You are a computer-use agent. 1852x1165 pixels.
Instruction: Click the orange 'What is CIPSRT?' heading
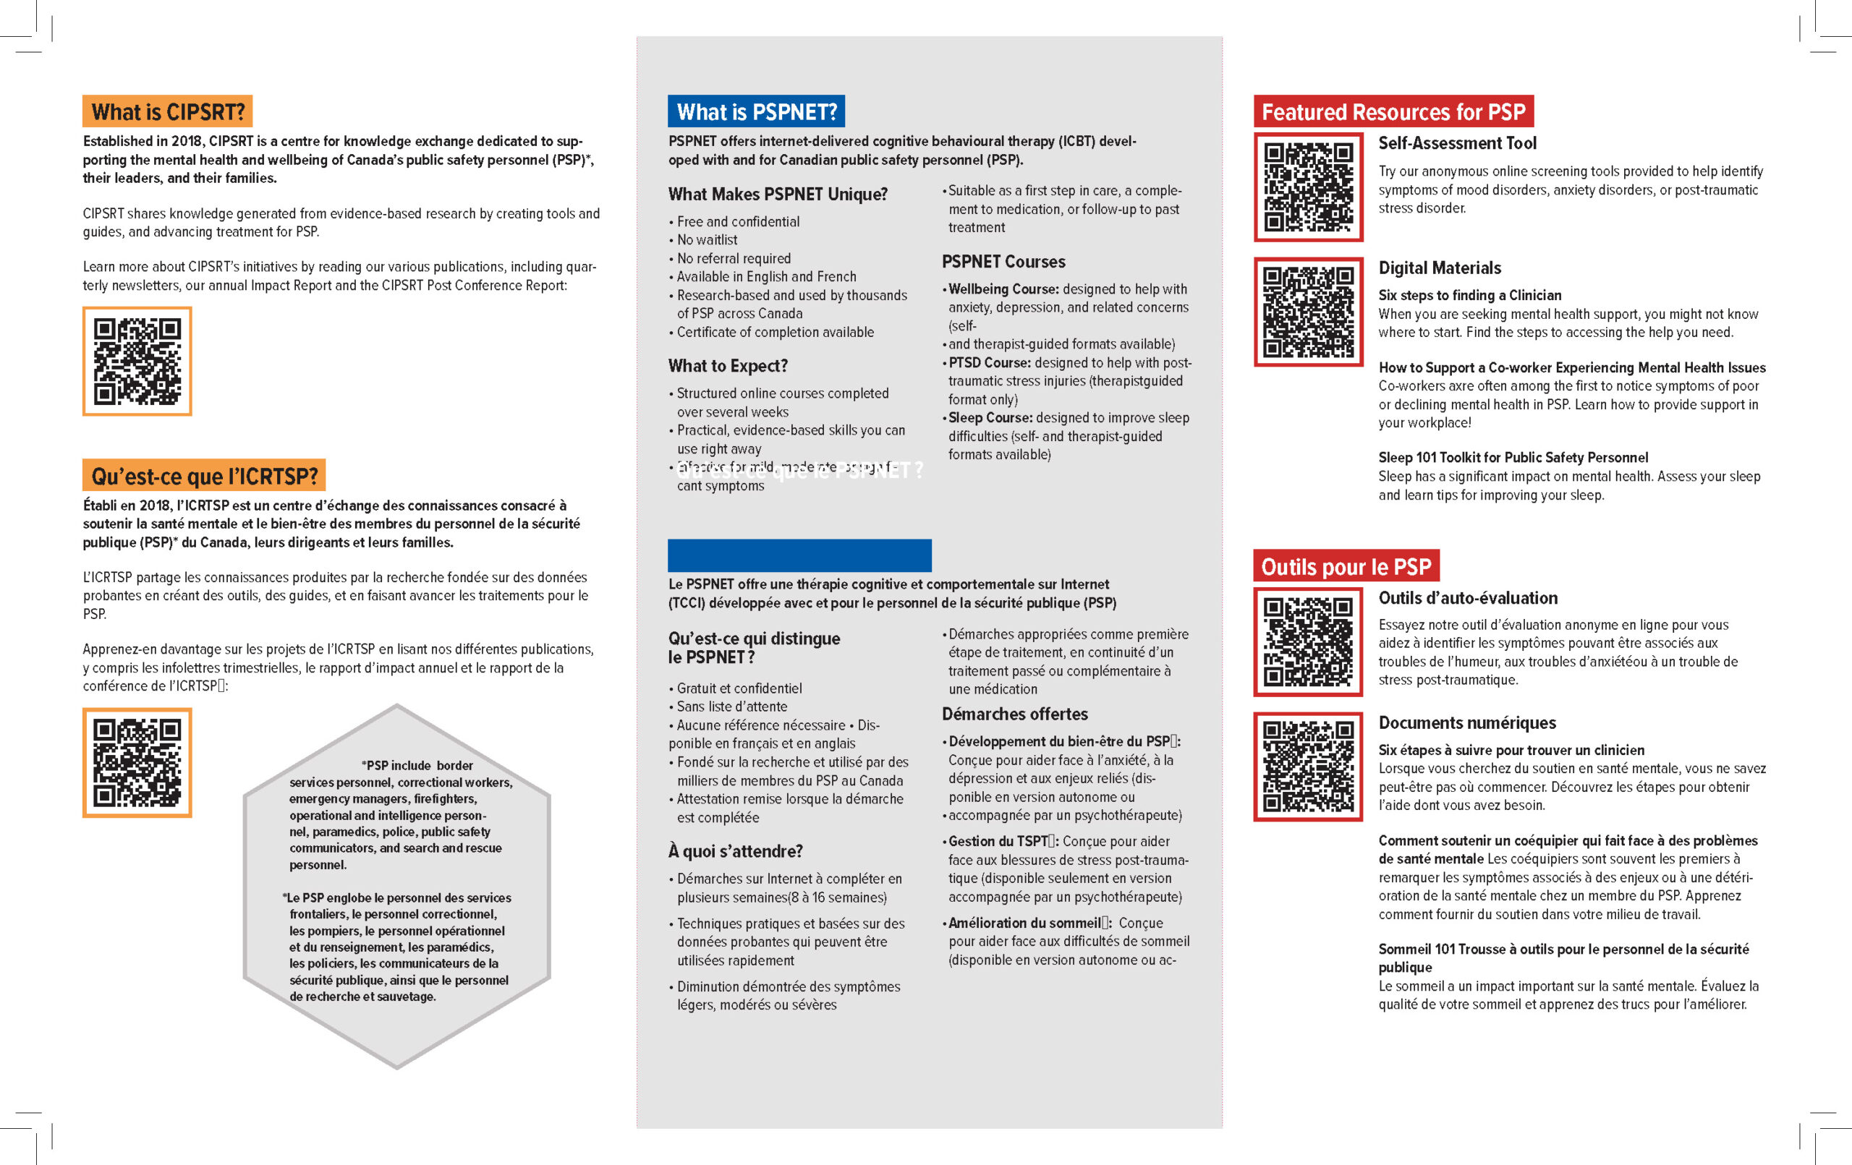[x=168, y=111]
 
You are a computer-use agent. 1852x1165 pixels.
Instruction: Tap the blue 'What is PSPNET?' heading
[x=756, y=111]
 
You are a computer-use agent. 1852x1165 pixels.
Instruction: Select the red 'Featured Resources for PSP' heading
[x=1393, y=111]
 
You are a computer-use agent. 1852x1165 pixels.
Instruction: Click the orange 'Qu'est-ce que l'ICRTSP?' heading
[x=204, y=475]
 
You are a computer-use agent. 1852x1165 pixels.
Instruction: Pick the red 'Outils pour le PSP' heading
[x=1346, y=566]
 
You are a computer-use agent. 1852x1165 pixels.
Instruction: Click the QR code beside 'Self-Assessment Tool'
[x=1308, y=187]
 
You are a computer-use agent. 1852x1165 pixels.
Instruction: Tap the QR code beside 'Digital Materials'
[x=1308, y=312]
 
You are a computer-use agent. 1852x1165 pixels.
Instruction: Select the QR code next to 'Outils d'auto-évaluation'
[x=1308, y=641]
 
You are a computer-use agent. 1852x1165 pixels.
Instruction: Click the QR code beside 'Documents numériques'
[x=1308, y=766]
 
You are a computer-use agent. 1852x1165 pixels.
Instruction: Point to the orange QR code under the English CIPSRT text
[x=137, y=362]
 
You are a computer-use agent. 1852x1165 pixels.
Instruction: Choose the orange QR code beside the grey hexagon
[x=137, y=762]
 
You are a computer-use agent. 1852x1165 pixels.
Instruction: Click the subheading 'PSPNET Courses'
[x=1003, y=262]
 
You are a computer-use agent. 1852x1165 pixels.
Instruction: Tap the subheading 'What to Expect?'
[x=728, y=365]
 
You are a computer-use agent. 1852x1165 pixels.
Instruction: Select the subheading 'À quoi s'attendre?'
[x=735, y=850]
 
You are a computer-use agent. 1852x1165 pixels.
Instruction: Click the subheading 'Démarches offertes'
[x=1014, y=714]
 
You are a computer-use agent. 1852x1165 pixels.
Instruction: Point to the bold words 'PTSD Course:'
[x=989, y=362]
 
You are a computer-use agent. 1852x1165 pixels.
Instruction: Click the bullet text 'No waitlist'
[x=707, y=240]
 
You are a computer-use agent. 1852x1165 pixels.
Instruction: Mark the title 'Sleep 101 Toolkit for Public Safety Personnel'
[x=1513, y=458]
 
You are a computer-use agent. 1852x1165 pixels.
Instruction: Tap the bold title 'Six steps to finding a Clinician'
[x=1470, y=295]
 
